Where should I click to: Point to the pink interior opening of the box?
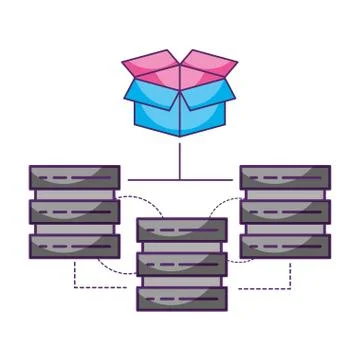[180, 72]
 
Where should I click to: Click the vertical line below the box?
[180, 160]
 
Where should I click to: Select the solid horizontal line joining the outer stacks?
[180, 180]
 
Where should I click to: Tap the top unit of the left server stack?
[74, 178]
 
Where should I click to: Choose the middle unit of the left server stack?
[74, 212]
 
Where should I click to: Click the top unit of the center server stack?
[181, 230]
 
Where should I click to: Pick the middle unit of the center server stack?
[181, 264]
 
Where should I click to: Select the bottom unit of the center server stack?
[181, 297]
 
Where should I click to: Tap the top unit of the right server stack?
[285, 178]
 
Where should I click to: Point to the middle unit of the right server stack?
[285, 212]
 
